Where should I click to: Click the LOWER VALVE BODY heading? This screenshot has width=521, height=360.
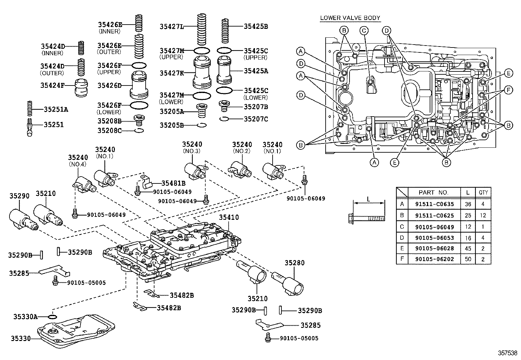click(350, 18)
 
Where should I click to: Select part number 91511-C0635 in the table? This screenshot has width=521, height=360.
click(434, 204)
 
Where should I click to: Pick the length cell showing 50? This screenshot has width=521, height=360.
click(468, 259)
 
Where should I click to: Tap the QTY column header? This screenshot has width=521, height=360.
click(483, 193)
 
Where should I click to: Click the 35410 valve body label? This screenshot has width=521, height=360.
click(229, 217)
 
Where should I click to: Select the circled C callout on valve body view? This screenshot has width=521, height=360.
click(364, 31)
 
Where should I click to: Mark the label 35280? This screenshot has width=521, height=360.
click(294, 263)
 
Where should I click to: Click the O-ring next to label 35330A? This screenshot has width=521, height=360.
click(52, 317)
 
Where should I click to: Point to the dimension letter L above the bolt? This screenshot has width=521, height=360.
click(368, 199)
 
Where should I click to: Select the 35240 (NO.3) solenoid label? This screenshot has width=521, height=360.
click(192, 144)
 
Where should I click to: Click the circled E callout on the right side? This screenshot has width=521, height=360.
click(508, 73)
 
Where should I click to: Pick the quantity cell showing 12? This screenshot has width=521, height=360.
click(483, 215)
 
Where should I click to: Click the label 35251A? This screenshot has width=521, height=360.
click(56, 109)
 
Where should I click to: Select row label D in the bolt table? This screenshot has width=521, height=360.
click(402, 237)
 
